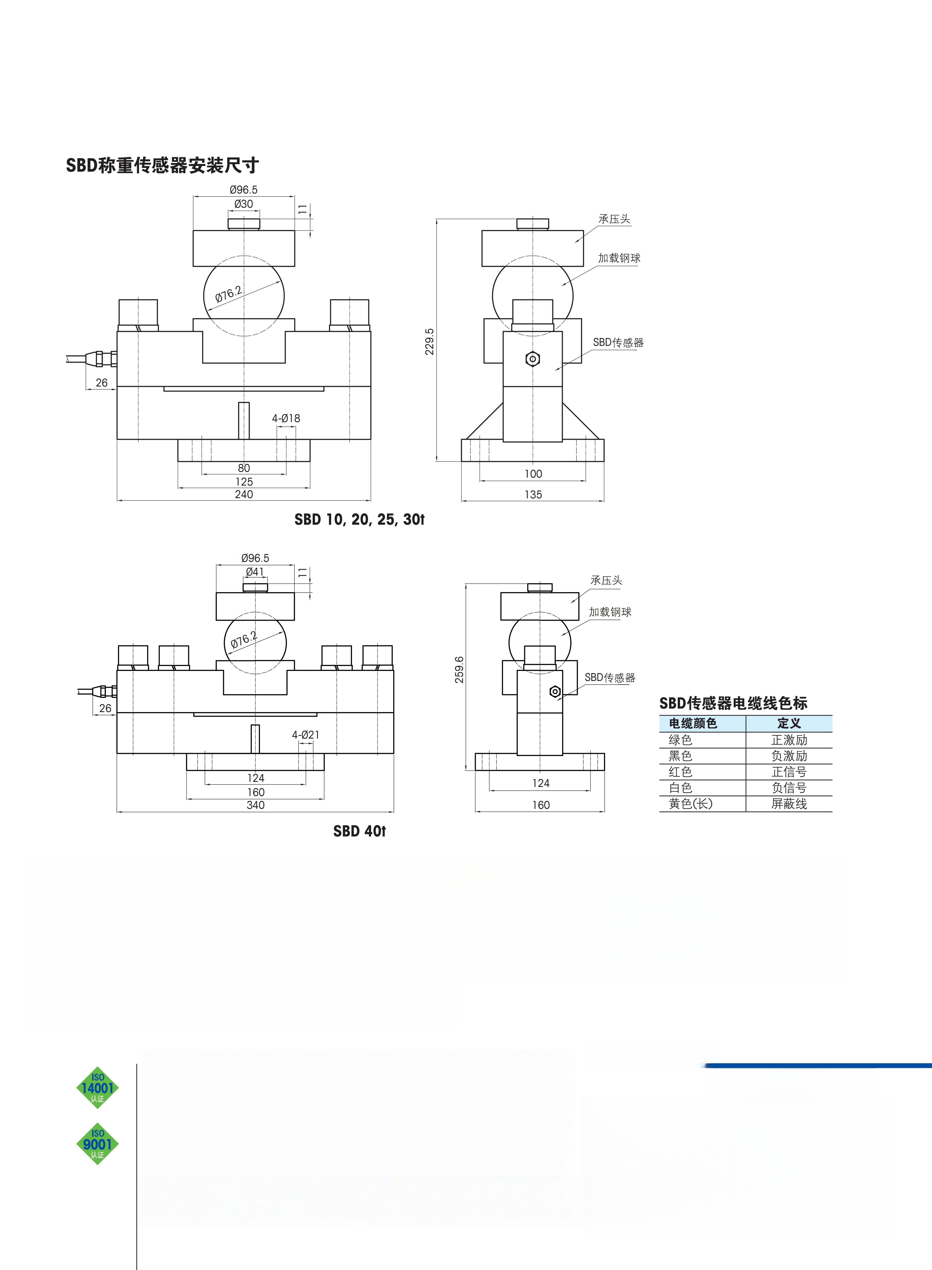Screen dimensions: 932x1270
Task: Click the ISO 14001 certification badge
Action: pyautogui.click(x=98, y=1088)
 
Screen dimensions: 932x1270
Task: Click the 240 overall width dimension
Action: pyautogui.click(x=244, y=494)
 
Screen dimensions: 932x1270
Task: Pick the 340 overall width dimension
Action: pyautogui.click(x=255, y=805)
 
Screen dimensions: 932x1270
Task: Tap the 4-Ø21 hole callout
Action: pyautogui.click(x=306, y=735)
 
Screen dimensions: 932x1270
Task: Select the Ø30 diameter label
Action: pyautogui.click(x=244, y=203)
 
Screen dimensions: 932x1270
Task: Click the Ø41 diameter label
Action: pyautogui.click(x=255, y=571)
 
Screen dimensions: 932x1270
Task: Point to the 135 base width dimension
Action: pyautogui.click(x=533, y=495)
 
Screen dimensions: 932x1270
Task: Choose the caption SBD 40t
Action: pyautogui.click(x=359, y=831)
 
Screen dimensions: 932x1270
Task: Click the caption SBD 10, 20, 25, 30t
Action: pyautogui.click(x=359, y=519)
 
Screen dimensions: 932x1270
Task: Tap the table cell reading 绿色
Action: pyautogui.click(x=680, y=740)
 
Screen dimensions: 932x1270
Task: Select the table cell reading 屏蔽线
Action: pyautogui.click(x=789, y=804)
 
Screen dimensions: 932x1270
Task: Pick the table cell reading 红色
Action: pyautogui.click(x=680, y=771)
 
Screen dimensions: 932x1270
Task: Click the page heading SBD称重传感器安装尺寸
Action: pyautogui.click(x=162, y=165)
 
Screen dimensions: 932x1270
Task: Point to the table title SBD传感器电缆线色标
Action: pyautogui.click(x=733, y=703)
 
